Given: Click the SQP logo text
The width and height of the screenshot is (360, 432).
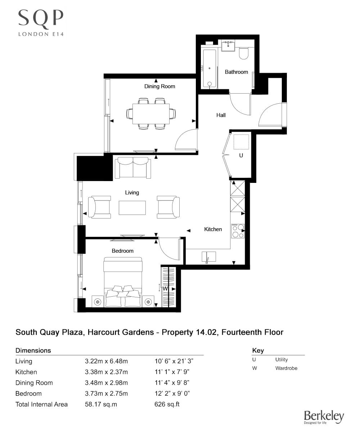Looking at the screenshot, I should pyautogui.click(x=41, y=18).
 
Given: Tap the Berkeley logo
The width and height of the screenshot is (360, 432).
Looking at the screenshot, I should pyautogui.click(x=324, y=417).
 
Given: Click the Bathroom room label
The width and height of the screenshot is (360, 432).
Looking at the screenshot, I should pyautogui.click(x=236, y=72).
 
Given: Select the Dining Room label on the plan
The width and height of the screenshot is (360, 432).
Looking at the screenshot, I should pyautogui.click(x=159, y=86).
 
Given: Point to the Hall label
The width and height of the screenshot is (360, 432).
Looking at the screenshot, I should pyautogui.click(x=221, y=115).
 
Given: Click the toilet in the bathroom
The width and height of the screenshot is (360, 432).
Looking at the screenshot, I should pyautogui.click(x=244, y=53).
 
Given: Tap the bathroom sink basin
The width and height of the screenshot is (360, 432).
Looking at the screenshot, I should pyautogui.click(x=228, y=46).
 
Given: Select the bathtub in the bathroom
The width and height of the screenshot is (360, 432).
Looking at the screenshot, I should pyautogui.click(x=209, y=68).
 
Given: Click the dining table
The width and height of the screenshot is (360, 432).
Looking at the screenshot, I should pyautogui.click(x=151, y=113).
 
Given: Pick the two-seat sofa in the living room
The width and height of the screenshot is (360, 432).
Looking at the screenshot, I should pyautogui.click(x=133, y=168).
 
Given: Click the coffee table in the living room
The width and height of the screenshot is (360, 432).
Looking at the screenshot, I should pyautogui.click(x=132, y=208).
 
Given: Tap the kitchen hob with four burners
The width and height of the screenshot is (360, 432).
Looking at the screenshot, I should pyautogui.click(x=238, y=231).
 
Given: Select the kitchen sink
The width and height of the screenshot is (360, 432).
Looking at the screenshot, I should pyautogui.click(x=209, y=257).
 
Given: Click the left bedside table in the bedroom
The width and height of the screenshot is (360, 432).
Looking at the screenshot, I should pyautogui.click(x=97, y=302).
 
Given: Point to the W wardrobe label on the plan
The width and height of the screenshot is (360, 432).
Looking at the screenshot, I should pyautogui.click(x=165, y=289).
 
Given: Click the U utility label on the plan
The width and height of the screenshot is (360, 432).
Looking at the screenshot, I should pyautogui.click(x=241, y=156).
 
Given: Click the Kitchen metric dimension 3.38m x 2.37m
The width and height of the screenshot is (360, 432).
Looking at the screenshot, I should pyautogui.click(x=106, y=372).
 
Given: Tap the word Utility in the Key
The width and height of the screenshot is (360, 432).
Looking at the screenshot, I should pyautogui.click(x=282, y=360).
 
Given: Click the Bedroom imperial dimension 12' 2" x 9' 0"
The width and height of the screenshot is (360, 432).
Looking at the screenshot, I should pyautogui.click(x=172, y=393).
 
